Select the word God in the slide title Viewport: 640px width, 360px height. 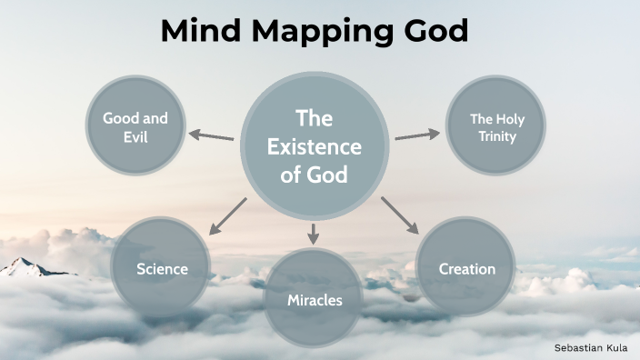[430, 31]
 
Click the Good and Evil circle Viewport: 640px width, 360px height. [135, 128]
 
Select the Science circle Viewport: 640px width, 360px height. [162, 268]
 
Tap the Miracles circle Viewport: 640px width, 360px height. [315, 299]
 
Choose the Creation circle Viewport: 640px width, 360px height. [466, 268]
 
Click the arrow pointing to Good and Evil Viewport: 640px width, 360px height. [211, 136]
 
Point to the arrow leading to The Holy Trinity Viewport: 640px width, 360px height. [417, 135]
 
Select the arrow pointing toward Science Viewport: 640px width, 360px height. [227, 216]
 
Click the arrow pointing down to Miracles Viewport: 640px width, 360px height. [315, 233]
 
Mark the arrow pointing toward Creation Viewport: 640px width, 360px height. [399, 215]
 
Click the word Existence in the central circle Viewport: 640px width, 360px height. [315, 147]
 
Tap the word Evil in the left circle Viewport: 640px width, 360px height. [135, 137]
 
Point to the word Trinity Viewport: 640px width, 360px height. [497, 137]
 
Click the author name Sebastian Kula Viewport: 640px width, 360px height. [592, 346]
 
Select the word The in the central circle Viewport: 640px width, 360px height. [315, 119]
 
